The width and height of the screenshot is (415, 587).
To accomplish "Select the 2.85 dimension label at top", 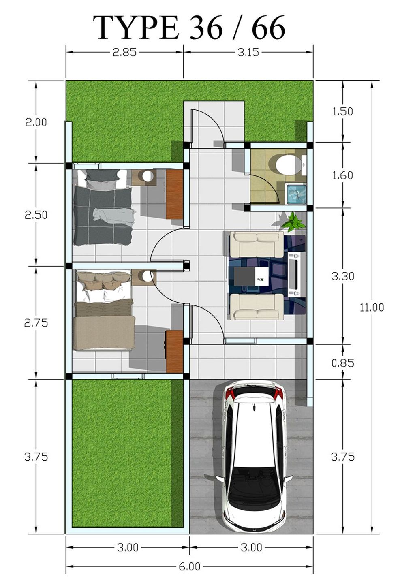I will click(x=125, y=52).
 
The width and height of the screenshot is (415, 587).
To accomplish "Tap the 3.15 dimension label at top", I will click(x=248, y=52).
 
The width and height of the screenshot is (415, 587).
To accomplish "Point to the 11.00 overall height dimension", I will click(x=372, y=307).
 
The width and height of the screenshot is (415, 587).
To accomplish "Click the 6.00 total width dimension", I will click(x=190, y=566).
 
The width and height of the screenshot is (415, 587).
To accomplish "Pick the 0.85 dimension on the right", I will click(x=342, y=363).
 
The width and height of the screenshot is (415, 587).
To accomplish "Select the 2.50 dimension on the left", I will click(x=36, y=215).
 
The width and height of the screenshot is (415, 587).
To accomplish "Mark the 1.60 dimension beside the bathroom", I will click(x=342, y=175).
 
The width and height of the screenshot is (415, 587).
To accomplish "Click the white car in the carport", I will click(x=254, y=456).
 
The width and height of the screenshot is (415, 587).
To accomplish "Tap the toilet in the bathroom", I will click(x=286, y=165).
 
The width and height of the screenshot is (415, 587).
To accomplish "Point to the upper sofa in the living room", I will click(x=257, y=244).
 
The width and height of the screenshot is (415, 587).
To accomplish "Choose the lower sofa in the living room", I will click(x=257, y=307).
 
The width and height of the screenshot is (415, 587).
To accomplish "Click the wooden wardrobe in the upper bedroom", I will click(x=174, y=194).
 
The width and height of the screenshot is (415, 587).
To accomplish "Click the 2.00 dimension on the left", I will click(x=36, y=122).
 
